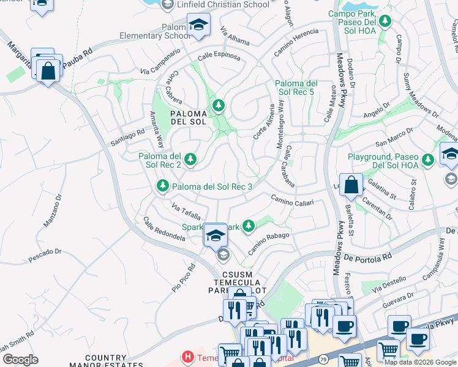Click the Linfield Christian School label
pos(222,5)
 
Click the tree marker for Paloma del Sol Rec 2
pos(191,160)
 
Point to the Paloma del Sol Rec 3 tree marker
pos(163,185)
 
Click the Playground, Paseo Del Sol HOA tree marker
pos(428,160)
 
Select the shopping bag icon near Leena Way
pos(351,185)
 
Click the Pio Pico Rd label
pos(183,278)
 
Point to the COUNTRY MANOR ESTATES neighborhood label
pos(97,361)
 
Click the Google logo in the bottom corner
pos(20,360)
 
